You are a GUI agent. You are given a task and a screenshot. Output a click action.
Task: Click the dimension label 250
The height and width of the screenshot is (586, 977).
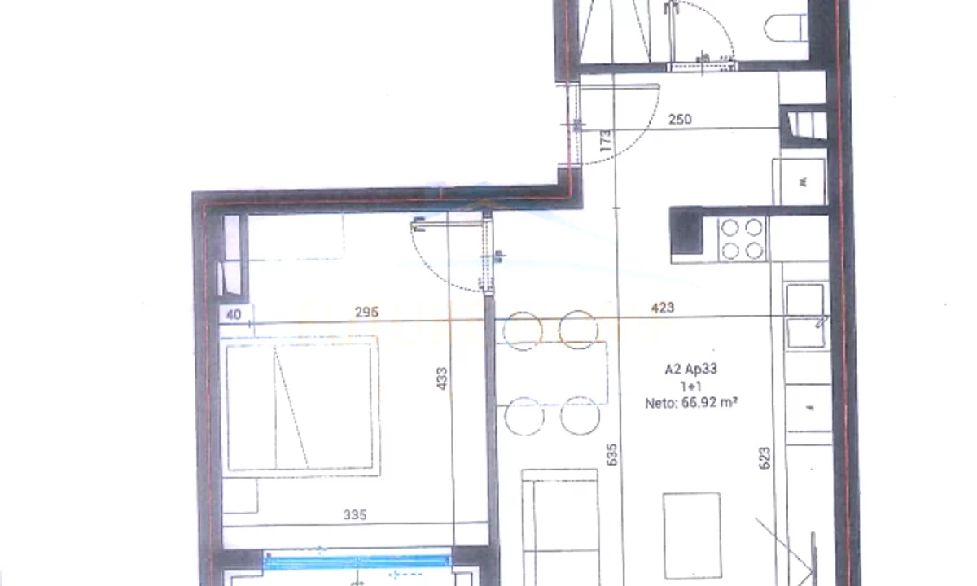tap(680, 120)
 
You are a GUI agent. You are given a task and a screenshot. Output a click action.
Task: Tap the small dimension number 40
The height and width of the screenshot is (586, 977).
tap(234, 314)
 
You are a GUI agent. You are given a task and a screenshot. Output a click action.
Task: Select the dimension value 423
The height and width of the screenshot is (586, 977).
tap(663, 308)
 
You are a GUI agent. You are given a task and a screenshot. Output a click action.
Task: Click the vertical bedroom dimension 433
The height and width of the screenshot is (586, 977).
tap(441, 378)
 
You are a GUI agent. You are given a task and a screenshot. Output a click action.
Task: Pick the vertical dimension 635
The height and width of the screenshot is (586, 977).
tap(612, 454)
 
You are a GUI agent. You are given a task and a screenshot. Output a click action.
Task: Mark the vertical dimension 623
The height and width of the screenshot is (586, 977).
tap(764, 458)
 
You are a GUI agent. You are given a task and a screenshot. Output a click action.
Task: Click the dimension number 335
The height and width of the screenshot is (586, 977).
tap(355, 514)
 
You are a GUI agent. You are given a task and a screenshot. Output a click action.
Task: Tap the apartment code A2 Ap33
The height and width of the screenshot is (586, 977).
tap(690, 369)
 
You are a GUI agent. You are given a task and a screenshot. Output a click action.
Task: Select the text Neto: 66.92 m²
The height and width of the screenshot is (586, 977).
tap(690, 401)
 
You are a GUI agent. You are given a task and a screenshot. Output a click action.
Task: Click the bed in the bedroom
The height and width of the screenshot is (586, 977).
tap(302, 405)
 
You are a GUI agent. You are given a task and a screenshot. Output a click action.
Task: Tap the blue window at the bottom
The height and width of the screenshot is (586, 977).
tap(357, 561)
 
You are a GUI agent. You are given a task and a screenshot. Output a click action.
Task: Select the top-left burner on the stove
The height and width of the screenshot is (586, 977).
tap(730, 228)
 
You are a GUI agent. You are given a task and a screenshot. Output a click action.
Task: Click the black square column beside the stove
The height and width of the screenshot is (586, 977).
tap(686, 234)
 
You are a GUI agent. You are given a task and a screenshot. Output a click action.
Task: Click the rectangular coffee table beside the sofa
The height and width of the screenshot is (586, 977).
tap(692, 536)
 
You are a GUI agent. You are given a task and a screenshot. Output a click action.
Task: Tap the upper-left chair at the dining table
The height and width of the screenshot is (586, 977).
tap(522, 330)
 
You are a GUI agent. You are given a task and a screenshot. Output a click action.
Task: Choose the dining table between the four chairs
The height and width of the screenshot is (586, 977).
tap(552, 373)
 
